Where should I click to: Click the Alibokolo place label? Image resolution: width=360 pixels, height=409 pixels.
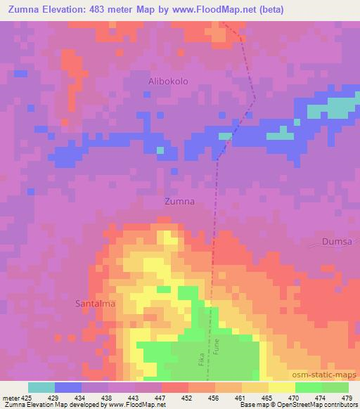click(x=168, y=82)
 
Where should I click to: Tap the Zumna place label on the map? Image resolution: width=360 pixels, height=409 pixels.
click(x=179, y=201)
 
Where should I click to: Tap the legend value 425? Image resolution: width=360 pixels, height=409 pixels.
click(x=27, y=398)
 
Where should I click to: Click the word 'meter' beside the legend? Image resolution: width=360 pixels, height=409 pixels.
click(x=11, y=398)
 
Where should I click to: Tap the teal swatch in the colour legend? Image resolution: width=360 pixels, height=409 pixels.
click(x=41, y=388)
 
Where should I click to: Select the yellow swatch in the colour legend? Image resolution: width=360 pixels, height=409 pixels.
click(x=281, y=388)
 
